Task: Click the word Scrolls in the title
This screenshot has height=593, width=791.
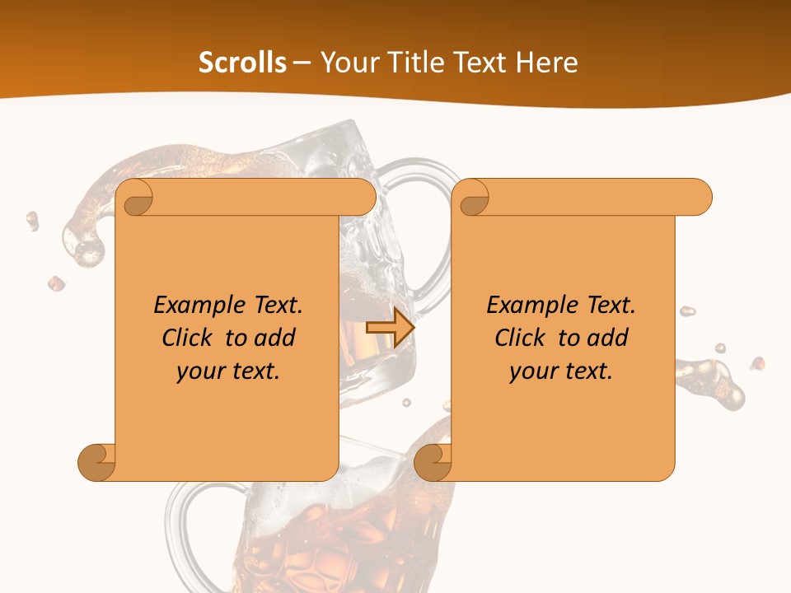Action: coord(242,63)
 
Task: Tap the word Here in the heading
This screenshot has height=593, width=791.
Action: coord(546,63)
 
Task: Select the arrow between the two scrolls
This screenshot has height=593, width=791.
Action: coord(390,327)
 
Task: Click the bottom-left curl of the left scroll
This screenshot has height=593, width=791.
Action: coord(96,462)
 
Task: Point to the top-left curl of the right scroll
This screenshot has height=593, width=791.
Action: coord(472,198)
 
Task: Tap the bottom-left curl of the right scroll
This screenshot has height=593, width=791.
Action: coord(433,462)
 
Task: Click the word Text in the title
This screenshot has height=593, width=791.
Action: coord(478,63)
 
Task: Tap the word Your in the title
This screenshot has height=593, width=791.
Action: coord(347,63)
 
